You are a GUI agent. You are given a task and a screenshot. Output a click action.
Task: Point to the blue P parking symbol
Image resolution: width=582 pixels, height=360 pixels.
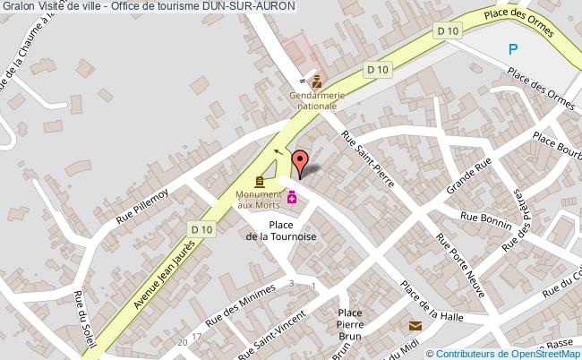click(x=512, y=52)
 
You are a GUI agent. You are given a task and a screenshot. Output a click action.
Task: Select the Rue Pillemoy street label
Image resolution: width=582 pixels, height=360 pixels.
click(x=142, y=207)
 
